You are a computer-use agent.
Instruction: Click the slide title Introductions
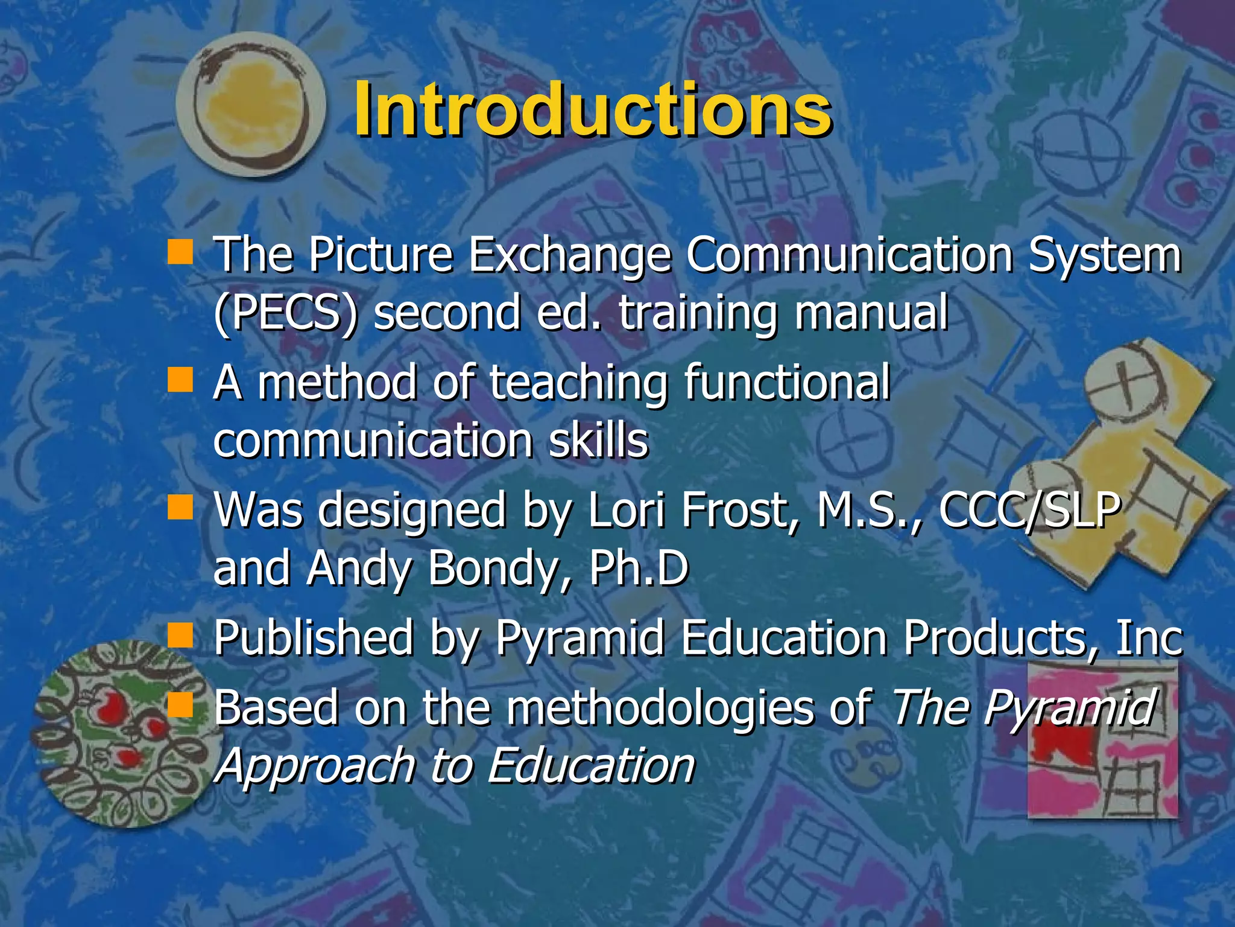click(x=592, y=110)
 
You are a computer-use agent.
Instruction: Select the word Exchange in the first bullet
click(x=569, y=255)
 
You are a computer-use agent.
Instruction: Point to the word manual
click(x=871, y=313)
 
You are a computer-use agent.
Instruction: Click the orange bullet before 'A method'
click(x=180, y=380)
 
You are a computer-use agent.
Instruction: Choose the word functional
click(x=787, y=383)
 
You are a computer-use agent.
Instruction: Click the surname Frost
click(x=742, y=511)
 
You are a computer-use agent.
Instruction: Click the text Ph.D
click(x=639, y=569)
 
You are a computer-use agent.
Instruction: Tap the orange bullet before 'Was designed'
click(x=180, y=508)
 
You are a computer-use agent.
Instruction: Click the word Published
click(x=314, y=637)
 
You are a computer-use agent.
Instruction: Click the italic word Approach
click(x=314, y=765)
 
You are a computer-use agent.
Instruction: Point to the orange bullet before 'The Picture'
click(x=180, y=252)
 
